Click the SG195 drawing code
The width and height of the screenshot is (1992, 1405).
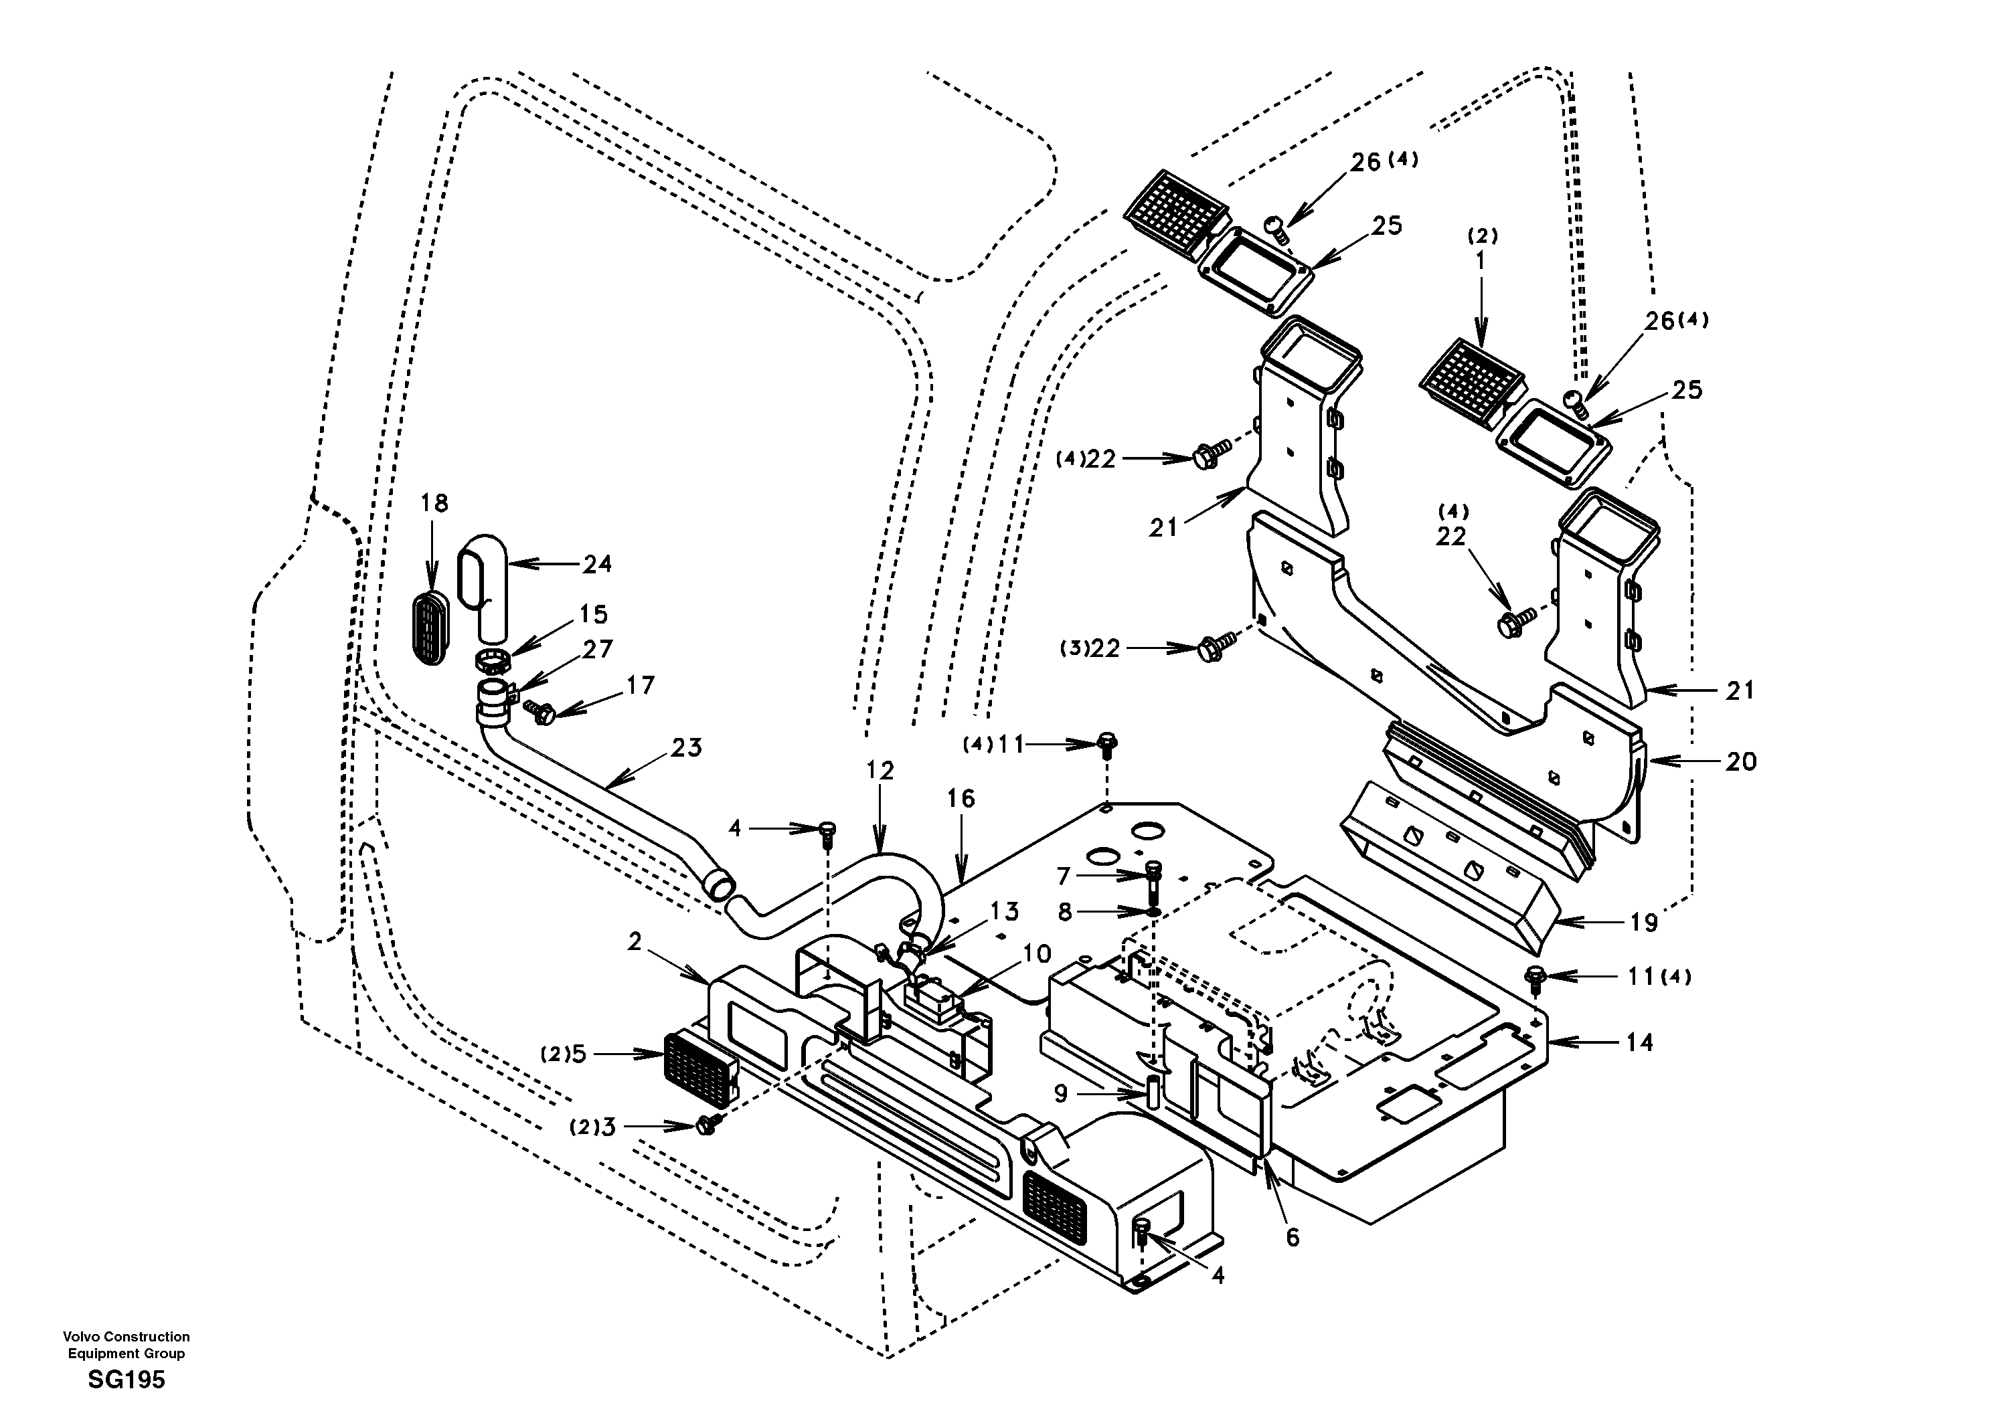pos(126,1379)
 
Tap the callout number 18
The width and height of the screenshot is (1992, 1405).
pos(434,503)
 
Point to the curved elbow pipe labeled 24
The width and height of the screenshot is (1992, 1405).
pos(483,589)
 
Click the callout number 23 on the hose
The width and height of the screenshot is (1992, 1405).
pos(686,747)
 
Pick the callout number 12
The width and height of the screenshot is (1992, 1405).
pos(880,770)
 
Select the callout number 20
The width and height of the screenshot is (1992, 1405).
pos(1740,761)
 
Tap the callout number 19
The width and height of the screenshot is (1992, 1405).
pos(1643,922)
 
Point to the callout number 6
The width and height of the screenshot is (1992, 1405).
pos(1292,1238)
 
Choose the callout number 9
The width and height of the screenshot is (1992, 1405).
pos(1060,1095)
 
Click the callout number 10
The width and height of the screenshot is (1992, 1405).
pos(1036,954)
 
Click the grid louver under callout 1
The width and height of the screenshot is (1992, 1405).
pos(1473,380)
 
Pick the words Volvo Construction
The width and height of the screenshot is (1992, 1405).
pos(126,1337)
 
